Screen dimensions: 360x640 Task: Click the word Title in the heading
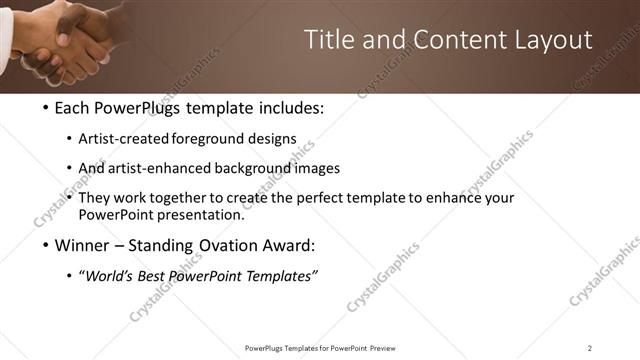pyautogui.click(x=329, y=40)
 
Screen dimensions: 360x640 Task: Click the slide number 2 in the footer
pyautogui.click(x=590, y=347)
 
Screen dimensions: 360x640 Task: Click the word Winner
pyautogui.click(x=79, y=245)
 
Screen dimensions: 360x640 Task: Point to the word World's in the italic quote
pyautogui.click(x=111, y=276)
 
